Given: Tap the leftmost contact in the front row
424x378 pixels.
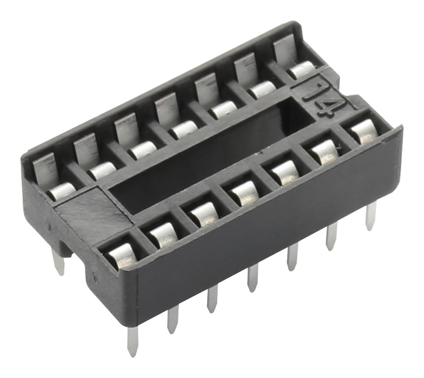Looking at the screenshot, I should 120,256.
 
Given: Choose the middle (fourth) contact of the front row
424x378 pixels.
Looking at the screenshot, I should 243,192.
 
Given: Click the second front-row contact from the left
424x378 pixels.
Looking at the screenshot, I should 162,233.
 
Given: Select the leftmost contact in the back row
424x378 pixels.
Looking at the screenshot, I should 61,191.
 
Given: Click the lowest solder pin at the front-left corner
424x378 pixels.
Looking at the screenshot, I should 132,341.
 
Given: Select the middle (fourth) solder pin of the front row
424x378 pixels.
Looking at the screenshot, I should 253,278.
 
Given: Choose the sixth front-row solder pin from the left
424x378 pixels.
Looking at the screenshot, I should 332,236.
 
